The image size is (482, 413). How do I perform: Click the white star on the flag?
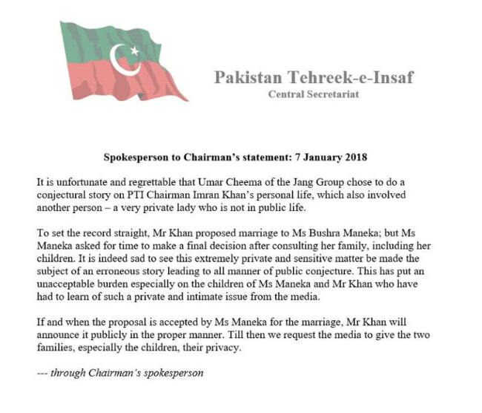tap(135, 51)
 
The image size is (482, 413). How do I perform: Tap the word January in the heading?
tap(334, 157)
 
